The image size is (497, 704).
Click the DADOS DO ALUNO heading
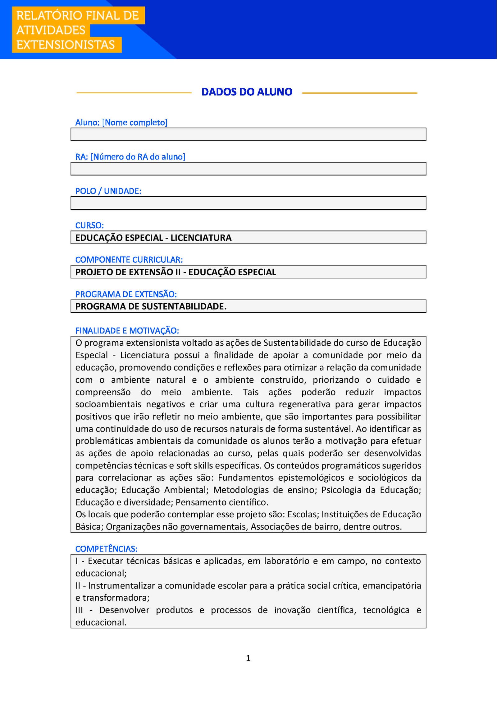[x=247, y=92]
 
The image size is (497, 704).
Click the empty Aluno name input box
[x=248, y=134]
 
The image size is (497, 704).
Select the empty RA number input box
[x=248, y=169]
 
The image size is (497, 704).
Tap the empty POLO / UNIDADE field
[x=248, y=203]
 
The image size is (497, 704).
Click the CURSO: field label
[x=89, y=225]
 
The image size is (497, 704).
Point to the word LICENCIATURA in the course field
[x=201, y=238]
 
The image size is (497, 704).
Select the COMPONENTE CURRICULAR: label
[x=129, y=260]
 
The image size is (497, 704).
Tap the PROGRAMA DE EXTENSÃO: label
[x=126, y=294]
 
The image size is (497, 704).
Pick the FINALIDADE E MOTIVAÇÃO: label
[x=127, y=331]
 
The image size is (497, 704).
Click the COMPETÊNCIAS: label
[x=106, y=549]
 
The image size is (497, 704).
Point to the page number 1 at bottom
[x=248, y=658]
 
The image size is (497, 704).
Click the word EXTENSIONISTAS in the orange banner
[x=66, y=45]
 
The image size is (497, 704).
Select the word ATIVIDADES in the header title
[x=51, y=30]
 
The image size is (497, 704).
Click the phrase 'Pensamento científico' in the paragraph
[x=221, y=502]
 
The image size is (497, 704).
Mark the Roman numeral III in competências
[x=79, y=610]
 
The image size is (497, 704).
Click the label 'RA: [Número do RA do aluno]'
[x=130, y=157]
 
